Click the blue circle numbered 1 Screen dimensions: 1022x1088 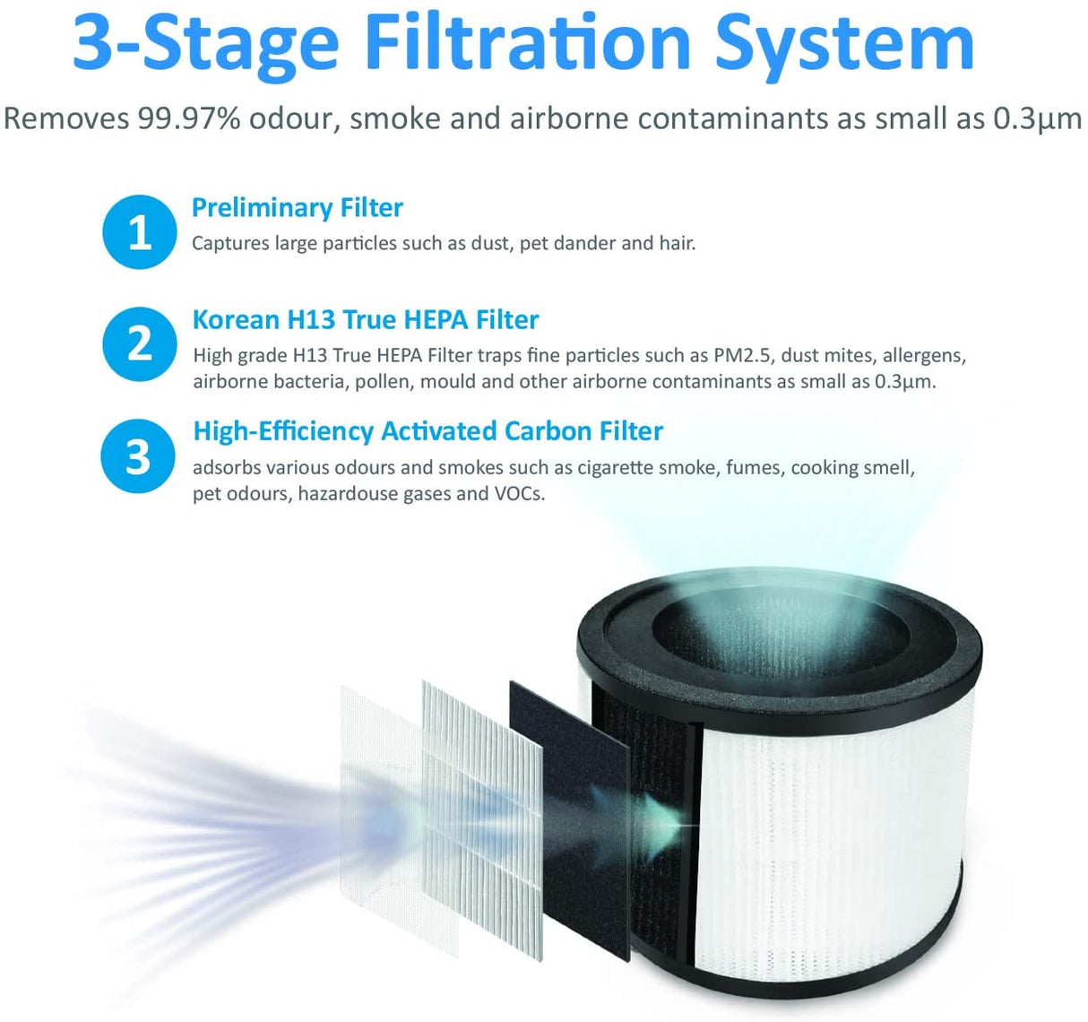click(139, 231)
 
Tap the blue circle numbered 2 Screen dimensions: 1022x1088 click(139, 343)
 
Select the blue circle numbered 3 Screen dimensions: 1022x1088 click(137, 455)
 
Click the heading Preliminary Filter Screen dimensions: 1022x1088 click(297, 208)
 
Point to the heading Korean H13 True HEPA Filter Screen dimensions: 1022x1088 click(366, 320)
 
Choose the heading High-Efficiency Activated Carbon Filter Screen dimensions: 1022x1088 click(427, 431)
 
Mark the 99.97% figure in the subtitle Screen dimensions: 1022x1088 click(188, 118)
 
